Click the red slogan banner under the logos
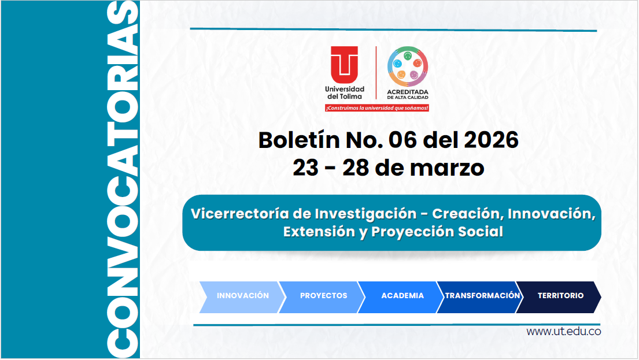[x=376, y=108]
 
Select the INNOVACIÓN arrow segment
[x=242, y=295]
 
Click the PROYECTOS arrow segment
[x=323, y=295]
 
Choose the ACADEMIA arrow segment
[x=402, y=295]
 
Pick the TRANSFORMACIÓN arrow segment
[x=482, y=295]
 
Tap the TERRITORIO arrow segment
[x=560, y=295]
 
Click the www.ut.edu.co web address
[x=563, y=332]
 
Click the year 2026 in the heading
[x=492, y=140]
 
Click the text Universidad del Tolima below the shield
[x=345, y=92]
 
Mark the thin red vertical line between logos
[x=376, y=73]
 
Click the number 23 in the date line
[x=305, y=168]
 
